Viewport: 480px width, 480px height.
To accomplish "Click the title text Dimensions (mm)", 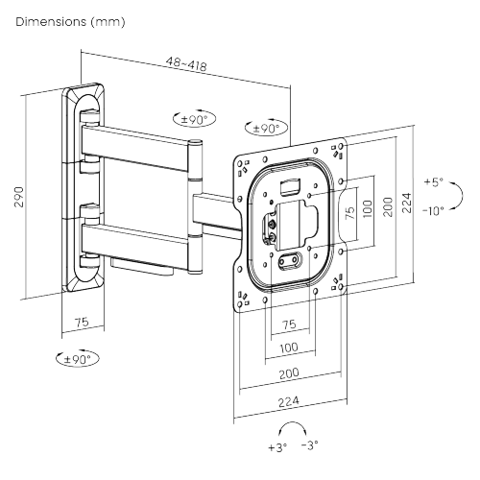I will click(70, 20).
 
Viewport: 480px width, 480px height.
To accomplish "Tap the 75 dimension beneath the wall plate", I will click(82, 324).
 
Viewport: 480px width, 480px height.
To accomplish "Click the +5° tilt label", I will click(434, 181).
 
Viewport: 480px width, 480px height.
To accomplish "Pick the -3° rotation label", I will click(309, 447).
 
